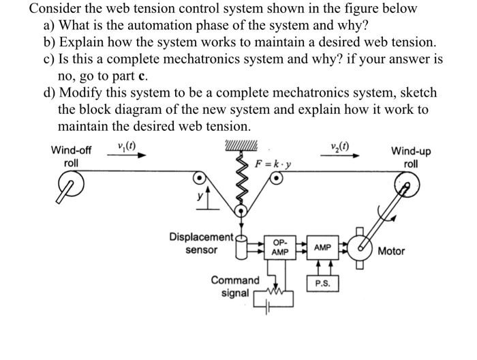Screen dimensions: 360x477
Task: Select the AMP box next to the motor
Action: [x=323, y=247]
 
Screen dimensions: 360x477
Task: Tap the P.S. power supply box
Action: [x=323, y=283]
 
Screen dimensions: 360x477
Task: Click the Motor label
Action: [x=391, y=251]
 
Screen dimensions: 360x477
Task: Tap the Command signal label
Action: [x=235, y=286]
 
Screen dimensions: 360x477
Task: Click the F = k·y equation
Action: [x=272, y=164]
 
